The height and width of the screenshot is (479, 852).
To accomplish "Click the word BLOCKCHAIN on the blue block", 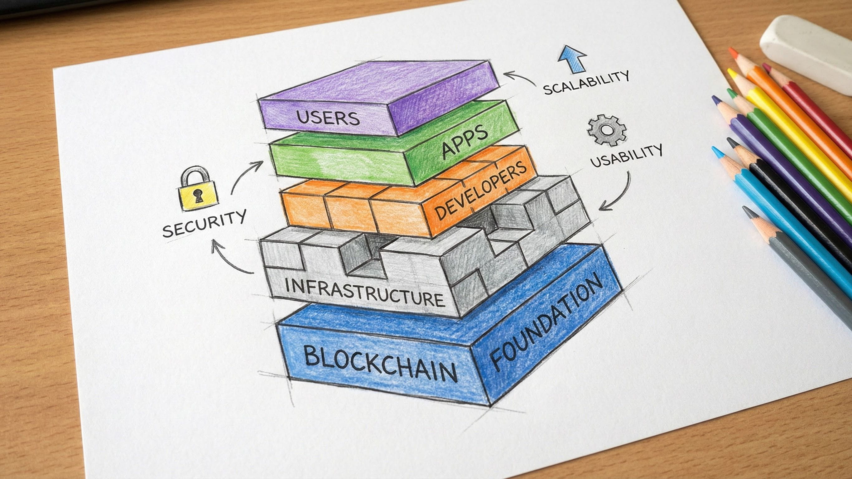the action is (x=380, y=364).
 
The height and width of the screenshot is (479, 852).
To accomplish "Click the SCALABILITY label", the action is (x=586, y=83).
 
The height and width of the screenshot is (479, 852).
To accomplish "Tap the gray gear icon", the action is (x=607, y=130).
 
